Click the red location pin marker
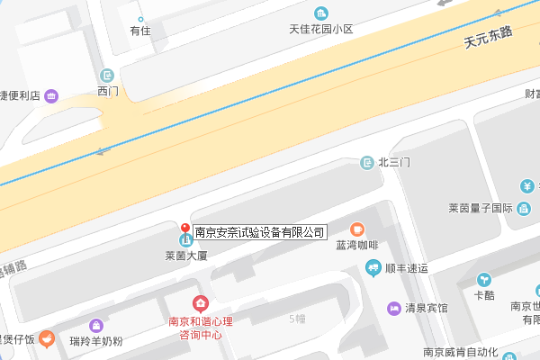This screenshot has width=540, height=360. [x=184, y=229]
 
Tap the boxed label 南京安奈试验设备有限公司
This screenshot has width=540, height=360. [x=259, y=232]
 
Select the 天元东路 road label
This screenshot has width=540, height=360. [x=487, y=37]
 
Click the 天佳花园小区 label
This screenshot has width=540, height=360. [x=320, y=29]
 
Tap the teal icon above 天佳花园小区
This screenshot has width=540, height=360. [x=320, y=13]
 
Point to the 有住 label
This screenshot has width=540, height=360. [x=139, y=30]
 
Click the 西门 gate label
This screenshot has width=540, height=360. [x=107, y=91]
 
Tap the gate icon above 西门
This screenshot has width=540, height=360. [x=107, y=75]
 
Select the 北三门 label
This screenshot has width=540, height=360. [x=394, y=163]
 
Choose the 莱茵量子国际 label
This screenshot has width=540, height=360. [x=481, y=209]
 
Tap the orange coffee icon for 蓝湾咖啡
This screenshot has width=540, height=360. [x=356, y=229]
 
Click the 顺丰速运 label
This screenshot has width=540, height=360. [x=405, y=268]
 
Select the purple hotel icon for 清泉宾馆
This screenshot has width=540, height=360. [x=394, y=308]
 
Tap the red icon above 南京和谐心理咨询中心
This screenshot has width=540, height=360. [x=200, y=304]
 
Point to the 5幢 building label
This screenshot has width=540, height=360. [x=298, y=319]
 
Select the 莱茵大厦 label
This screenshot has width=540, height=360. [x=186, y=256]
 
